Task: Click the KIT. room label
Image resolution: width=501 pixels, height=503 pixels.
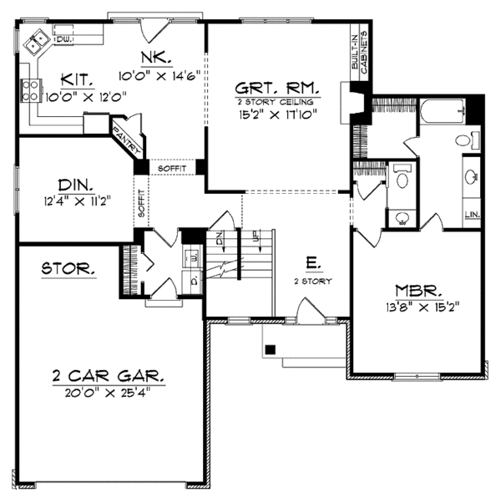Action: [77, 80]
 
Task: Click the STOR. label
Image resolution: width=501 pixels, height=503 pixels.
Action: [68, 270]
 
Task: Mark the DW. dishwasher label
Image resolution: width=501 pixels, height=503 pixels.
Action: [63, 39]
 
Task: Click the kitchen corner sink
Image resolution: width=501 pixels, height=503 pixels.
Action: [38, 41]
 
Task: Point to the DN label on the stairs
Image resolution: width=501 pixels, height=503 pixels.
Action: [220, 238]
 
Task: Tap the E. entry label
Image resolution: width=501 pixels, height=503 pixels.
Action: [312, 264]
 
